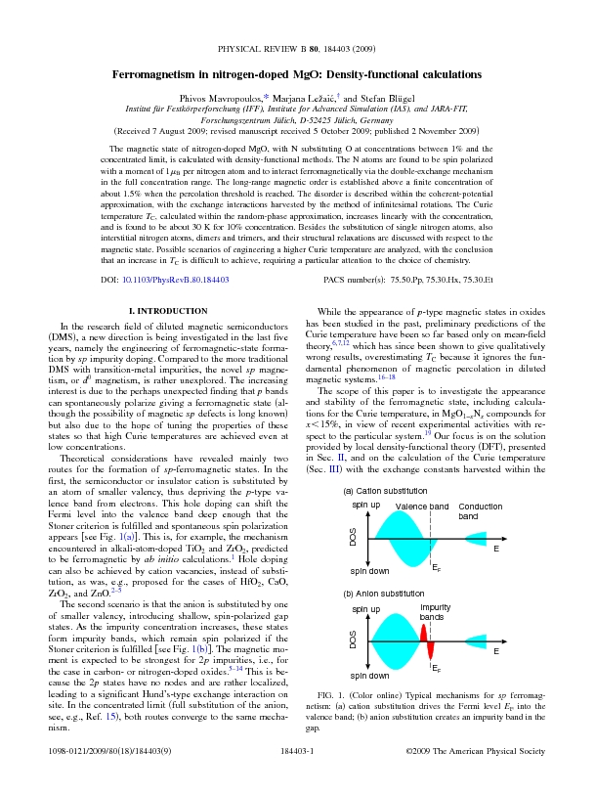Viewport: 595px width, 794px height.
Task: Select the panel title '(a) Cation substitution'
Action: point(384,489)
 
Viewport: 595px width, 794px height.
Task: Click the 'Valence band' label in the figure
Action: point(421,506)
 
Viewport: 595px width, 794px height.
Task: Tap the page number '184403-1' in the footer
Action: point(297,779)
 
